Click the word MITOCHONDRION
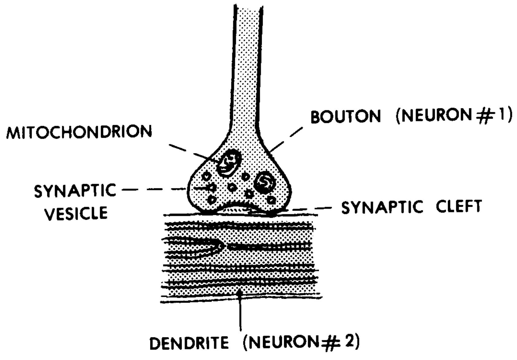(x=79, y=132)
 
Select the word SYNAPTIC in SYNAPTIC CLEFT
(x=382, y=207)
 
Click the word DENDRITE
(x=189, y=343)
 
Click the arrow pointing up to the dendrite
(x=240, y=310)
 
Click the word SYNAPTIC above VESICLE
(x=75, y=191)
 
